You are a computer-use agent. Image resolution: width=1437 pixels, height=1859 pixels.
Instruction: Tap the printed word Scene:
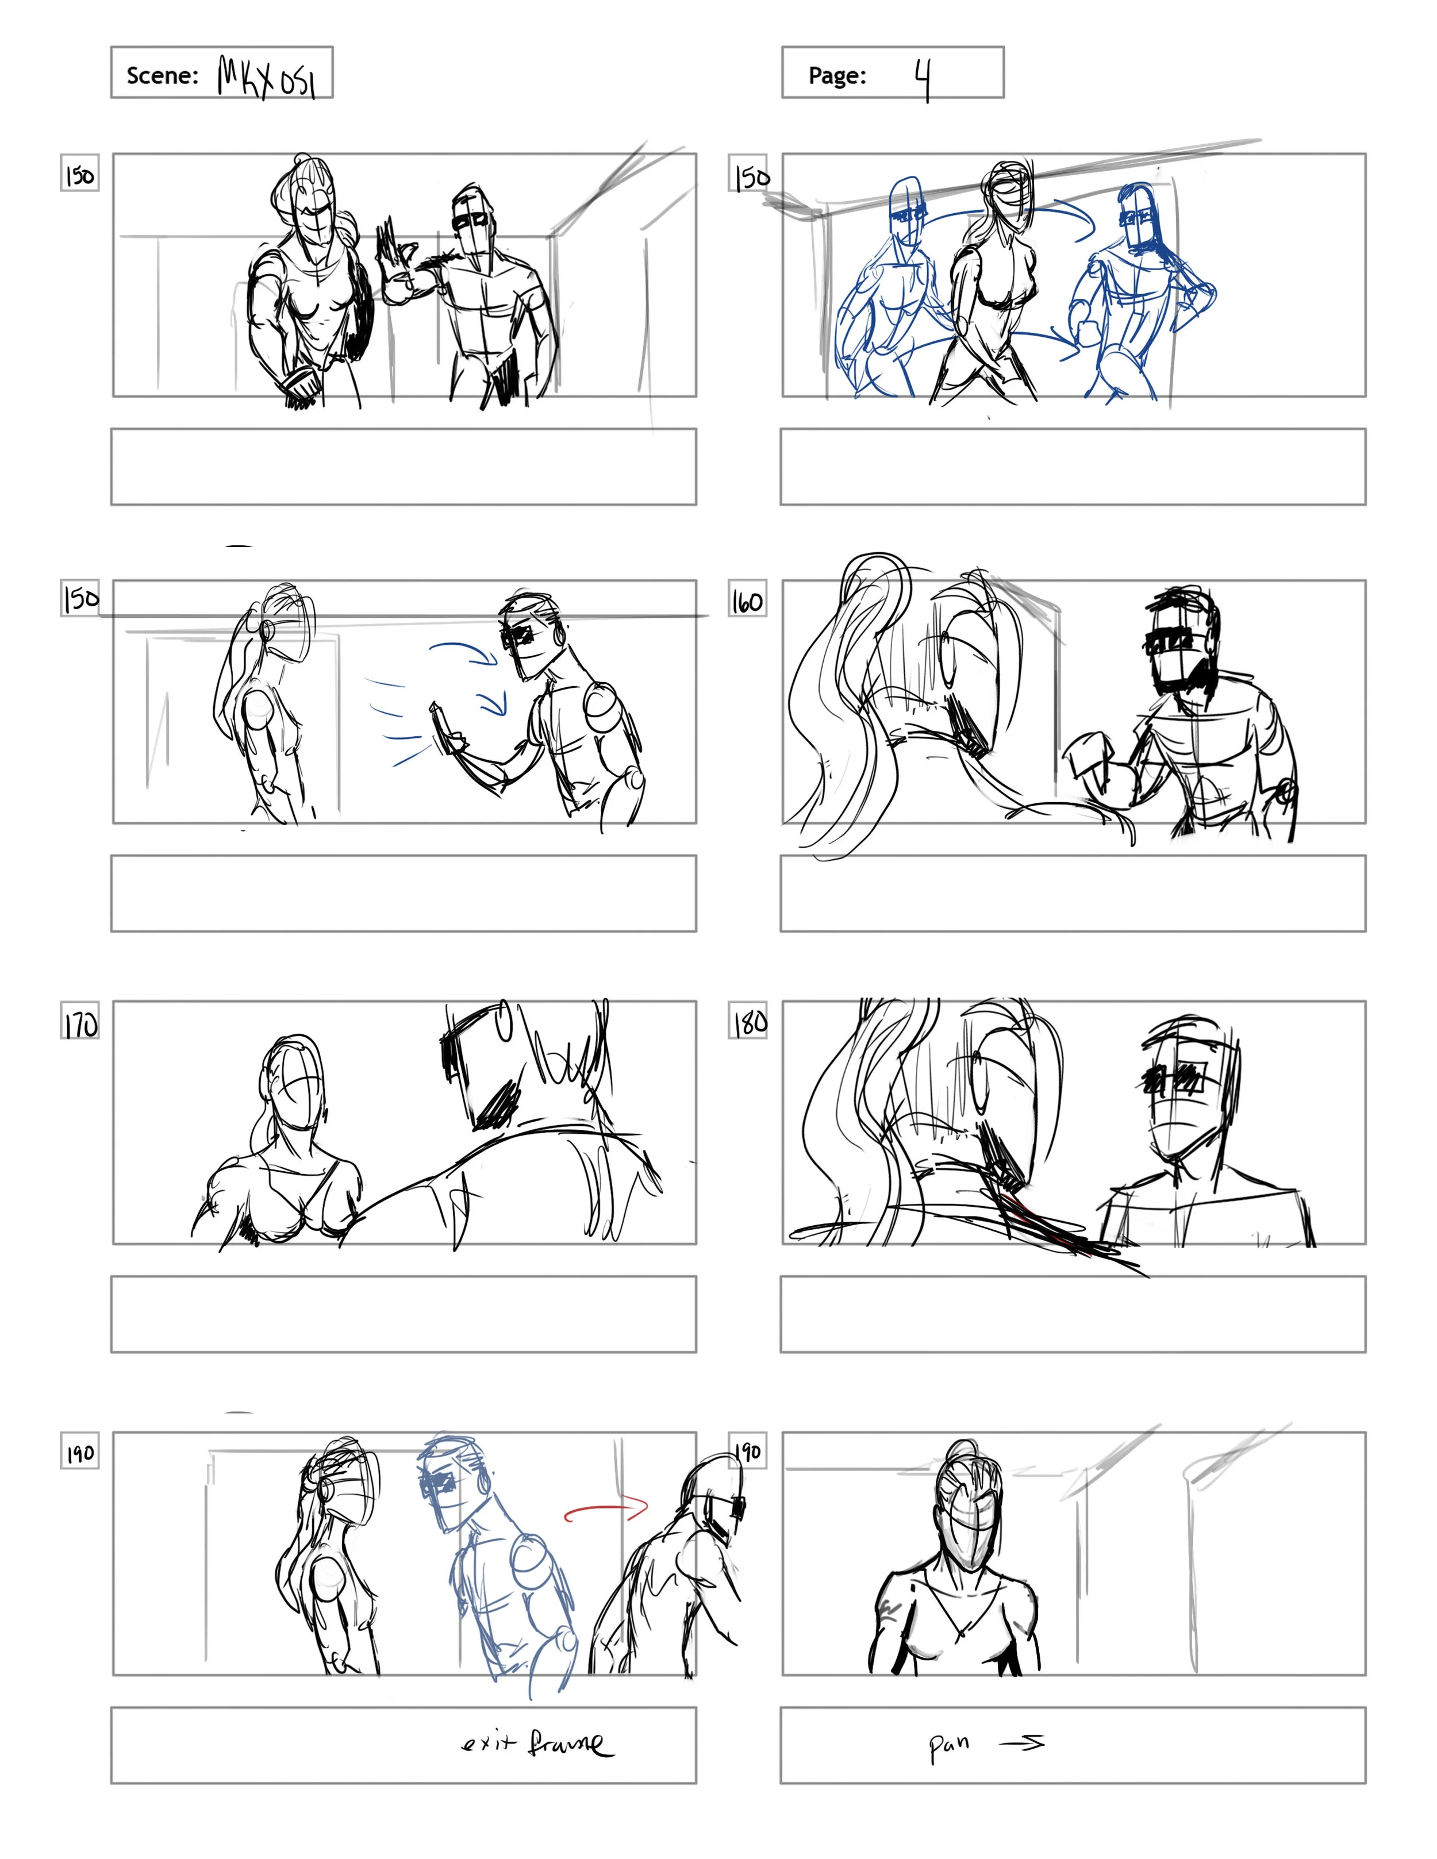point(162,76)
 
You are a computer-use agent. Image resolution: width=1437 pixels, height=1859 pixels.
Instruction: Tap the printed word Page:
point(837,76)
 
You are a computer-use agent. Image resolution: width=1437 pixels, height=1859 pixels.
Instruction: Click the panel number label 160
point(747,602)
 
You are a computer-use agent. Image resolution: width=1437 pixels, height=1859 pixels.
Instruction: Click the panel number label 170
point(80,1025)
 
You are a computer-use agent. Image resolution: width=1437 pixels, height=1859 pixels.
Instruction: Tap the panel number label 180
point(748,1021)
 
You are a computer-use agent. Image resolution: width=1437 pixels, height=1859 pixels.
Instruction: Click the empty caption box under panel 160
point(1073,893)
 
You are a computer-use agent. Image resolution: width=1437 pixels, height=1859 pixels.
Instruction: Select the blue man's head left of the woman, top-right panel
point(906,209)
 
